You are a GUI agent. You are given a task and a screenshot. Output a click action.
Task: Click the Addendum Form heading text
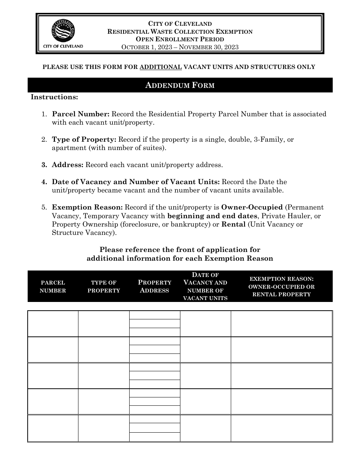(x=180, y=85)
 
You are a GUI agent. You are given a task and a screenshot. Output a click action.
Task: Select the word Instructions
(x=54, y=97)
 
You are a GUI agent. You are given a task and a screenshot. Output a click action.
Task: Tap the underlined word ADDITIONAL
(x=161, y=67)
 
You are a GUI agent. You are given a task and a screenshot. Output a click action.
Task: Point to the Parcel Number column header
(x=53, y=286)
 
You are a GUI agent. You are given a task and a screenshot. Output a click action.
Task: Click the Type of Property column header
(x=104, y=286)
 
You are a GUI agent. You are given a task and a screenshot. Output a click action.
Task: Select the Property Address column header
(x=155, y=286)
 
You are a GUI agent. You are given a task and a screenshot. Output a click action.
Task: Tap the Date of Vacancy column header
(x=205, y=286)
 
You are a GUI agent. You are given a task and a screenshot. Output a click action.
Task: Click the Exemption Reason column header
(x=282, y=286)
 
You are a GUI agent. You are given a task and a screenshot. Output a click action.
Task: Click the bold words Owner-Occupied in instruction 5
(x=252, y=207)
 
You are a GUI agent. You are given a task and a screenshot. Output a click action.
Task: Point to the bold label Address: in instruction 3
(x=68, y=165)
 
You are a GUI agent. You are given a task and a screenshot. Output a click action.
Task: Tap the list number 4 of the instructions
(x=44, y=182)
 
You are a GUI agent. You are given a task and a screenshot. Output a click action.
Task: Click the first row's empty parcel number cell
(x=53, y=324)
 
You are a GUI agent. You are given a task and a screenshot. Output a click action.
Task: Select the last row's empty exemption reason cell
(x=282, y=428)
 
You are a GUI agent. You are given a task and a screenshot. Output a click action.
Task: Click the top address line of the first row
(x=155, y=315)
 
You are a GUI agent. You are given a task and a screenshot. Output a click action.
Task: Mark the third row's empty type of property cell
(x=104, y=376)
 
